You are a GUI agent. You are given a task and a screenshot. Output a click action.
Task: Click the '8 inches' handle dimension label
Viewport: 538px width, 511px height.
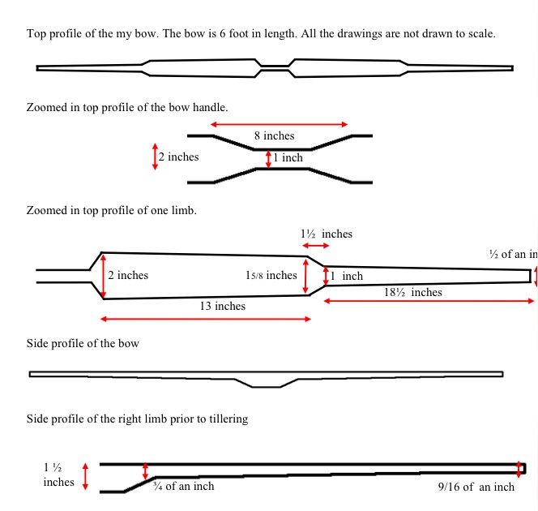pos(274,135)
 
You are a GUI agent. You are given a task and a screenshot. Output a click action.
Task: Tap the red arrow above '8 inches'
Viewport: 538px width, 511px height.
pos(279,124)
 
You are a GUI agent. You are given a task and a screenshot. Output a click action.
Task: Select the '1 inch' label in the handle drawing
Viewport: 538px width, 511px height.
pos(288,157)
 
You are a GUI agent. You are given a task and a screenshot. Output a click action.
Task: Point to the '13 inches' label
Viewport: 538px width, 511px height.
pos(223,306)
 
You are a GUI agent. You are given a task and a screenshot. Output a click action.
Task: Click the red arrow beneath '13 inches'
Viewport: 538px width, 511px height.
pos(206,319)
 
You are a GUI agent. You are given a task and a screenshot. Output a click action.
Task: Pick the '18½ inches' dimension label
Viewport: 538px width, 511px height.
pos(412,292)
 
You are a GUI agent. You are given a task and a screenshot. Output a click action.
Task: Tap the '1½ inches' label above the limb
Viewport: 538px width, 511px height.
pos(327,234)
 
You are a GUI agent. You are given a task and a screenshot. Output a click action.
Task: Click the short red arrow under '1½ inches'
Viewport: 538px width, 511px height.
pos(316,246)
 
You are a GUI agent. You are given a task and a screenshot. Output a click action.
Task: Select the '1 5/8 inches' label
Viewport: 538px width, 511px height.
pos(271,275)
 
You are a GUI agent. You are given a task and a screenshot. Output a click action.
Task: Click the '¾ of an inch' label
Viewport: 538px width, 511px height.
pos(184,486)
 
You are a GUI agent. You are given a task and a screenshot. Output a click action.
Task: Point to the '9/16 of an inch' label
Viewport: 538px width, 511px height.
pos(476,487)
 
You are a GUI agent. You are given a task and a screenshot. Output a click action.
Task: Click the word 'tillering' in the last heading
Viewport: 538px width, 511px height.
pos(231,419)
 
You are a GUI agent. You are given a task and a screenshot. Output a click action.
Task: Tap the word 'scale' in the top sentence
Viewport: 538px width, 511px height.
pos(480,33)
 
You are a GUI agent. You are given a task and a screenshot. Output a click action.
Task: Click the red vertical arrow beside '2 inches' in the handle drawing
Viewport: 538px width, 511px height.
pos(155,157)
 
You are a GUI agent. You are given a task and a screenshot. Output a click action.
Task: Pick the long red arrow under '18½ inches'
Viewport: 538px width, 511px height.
pos(429,301)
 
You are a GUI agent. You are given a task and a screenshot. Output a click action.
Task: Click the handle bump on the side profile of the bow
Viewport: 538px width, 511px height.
pos(267,383)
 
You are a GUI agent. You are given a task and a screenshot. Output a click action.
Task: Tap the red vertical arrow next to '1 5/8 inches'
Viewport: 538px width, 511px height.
pos(305,277)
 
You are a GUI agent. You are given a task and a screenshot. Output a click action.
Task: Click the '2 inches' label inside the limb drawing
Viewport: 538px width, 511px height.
pos(128,275)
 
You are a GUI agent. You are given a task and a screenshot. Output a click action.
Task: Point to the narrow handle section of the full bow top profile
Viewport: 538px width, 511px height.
pos(275,68)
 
